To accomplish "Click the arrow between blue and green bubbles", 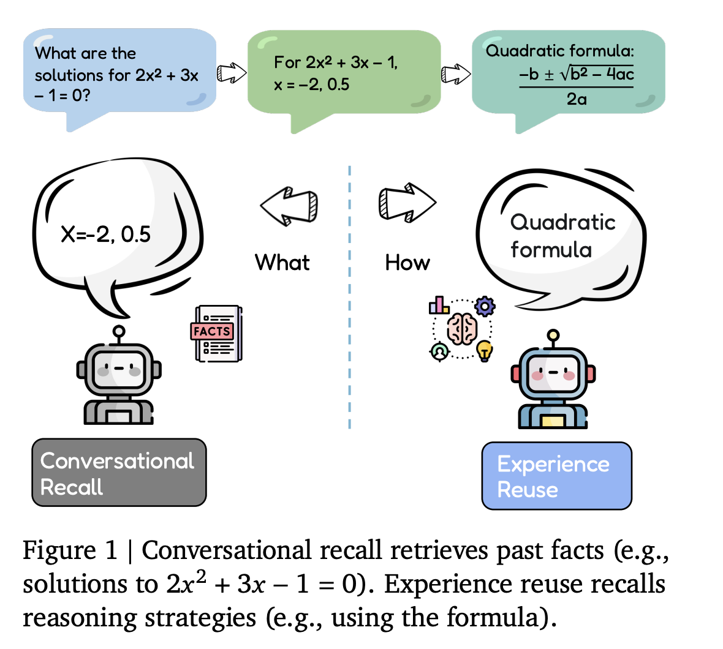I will (232, 73).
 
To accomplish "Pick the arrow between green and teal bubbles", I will (456, 74).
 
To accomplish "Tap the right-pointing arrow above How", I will (407, 202).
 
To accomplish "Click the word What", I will (282, 263).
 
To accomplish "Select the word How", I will (407, 263).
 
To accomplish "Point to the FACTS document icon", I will (218, 334).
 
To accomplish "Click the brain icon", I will (462, 329).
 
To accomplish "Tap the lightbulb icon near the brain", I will (485, 350).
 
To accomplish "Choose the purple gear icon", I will (485, 306).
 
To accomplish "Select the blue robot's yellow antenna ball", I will (553, 335).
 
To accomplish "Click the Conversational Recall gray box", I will (119, 473).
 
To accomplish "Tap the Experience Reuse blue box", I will (556, 476).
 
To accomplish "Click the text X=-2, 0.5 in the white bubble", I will (105, 234).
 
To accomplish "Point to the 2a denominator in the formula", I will (576, 99).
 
